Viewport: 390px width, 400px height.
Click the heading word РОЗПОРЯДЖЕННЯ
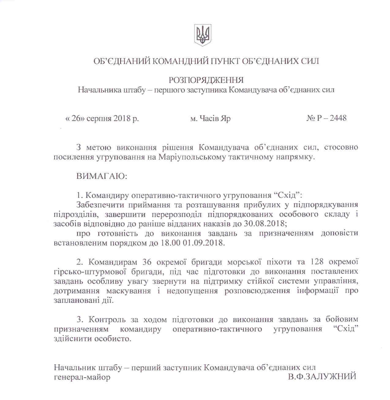(206, 80)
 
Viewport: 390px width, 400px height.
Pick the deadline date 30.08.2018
(265, 224)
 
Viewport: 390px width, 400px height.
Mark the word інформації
(317, 290)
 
